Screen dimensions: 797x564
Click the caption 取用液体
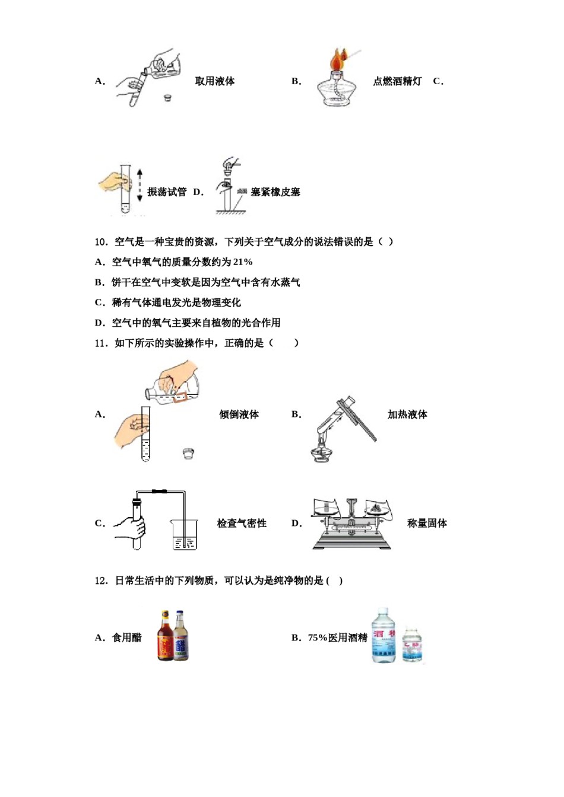click(x=214, y=81)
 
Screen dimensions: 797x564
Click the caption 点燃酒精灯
click(x=397, y=81)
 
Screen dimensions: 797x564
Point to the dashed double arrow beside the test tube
click(x=140, y=185)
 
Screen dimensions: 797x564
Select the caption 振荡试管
click(x=167, y=192)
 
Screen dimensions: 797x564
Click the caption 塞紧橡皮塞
click(x=275, y=192)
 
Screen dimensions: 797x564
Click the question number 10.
click(x=101, y=242)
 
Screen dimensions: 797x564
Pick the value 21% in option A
click(x=243, y=262)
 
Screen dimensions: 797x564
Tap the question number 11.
click(x=101, y=343)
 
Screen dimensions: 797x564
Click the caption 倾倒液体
click(x=239, y=415)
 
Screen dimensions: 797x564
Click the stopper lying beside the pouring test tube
click(x=188, y=454)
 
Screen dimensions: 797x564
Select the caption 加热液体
click(x=407, y=415)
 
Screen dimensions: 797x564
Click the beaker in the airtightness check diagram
click(x=184, y=535)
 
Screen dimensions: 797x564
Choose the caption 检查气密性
click(x=242, y=524)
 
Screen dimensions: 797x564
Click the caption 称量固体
click(x=427, y=524)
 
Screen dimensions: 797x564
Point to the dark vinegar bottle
click(x=165, y=637)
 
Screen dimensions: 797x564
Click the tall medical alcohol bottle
click(x=384, y=636)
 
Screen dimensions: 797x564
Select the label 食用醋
click(x=127, y=638)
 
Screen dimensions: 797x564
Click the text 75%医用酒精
click(x=338, y=638)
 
